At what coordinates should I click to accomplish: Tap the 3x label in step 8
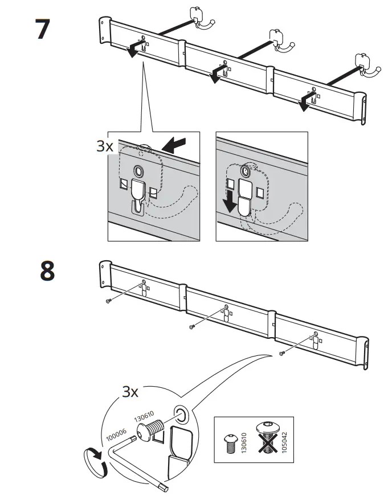(x=132, y=392)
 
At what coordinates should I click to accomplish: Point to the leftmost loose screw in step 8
(x=108, y=302)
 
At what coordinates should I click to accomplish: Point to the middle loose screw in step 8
(x=192, y=327)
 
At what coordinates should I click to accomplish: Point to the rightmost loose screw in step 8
(x=281, y=354)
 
